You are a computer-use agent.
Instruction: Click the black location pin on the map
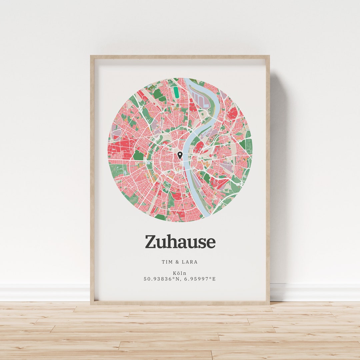[x=180, y=155]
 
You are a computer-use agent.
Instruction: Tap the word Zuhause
[x=180, y=242]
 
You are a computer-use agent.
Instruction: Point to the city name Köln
[x=180, y=273]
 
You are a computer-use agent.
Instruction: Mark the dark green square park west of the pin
[x=138, y=155]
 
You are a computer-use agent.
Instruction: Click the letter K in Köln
[x=175, y=273]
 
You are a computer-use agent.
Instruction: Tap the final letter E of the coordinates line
[x=214, y=279]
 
